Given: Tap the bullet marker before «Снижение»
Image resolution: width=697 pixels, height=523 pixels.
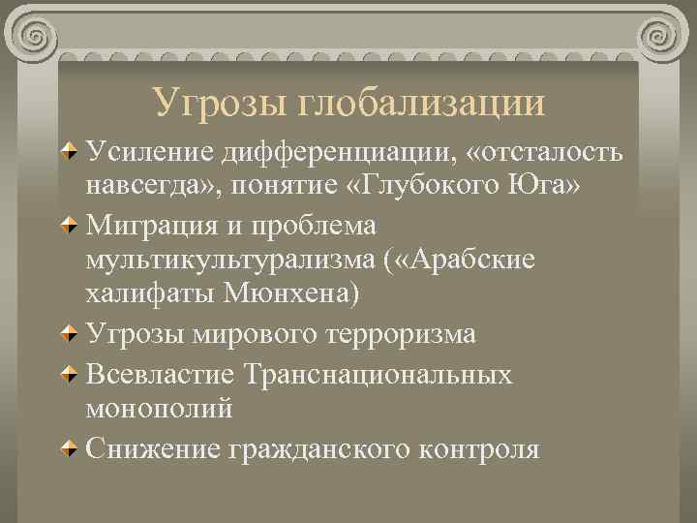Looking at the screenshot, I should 71,447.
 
